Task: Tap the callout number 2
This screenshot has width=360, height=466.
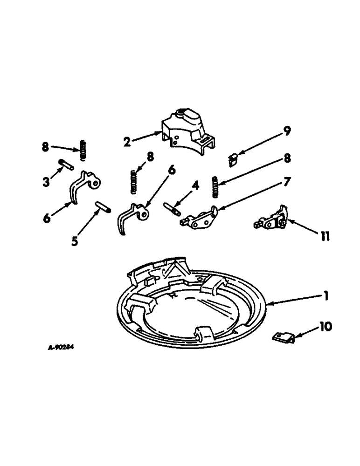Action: (x=127, y=141)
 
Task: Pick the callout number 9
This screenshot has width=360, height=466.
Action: (x=287, y=131)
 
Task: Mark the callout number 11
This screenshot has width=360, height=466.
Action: (x=325, y=237)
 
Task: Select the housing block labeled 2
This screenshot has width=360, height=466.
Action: (x=187, y=133)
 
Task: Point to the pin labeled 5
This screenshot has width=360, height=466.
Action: (x=103, y=206)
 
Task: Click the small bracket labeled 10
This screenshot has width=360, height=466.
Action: (x=283, y=337)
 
